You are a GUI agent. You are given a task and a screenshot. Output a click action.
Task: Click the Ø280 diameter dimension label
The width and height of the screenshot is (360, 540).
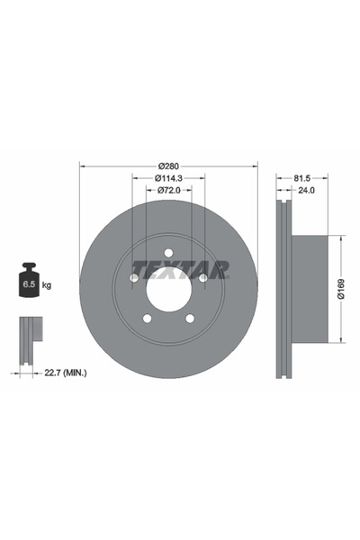pos(169,166)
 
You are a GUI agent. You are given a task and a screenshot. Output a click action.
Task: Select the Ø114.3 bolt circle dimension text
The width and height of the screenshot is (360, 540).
pos(169,178)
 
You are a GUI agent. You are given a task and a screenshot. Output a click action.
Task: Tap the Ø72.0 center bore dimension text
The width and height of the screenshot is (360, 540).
pos(169,191)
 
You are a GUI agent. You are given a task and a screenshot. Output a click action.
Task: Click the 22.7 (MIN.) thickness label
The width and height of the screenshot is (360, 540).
pos(66,371)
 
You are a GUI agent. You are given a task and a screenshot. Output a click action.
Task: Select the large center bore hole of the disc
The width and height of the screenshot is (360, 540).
pos(168,288)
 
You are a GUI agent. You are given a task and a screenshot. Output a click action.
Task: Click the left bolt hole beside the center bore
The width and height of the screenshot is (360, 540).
pos(134,277)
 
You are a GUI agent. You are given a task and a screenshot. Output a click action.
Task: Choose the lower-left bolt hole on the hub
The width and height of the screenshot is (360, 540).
pos(148,318)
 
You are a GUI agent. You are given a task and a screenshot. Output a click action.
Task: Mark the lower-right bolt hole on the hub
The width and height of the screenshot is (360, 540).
pos(190,318)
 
